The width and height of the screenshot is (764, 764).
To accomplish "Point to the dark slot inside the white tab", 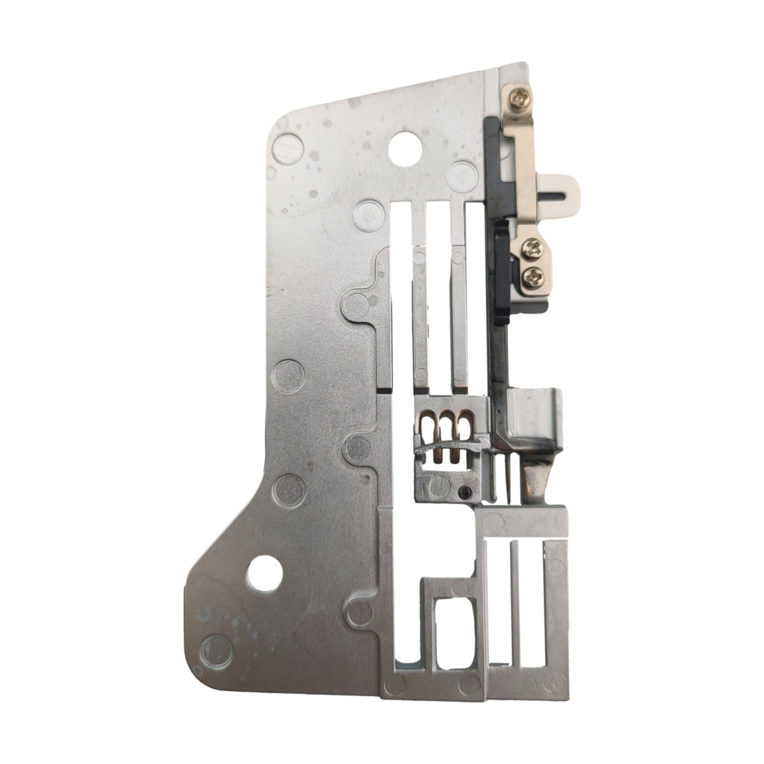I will point(556,194).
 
